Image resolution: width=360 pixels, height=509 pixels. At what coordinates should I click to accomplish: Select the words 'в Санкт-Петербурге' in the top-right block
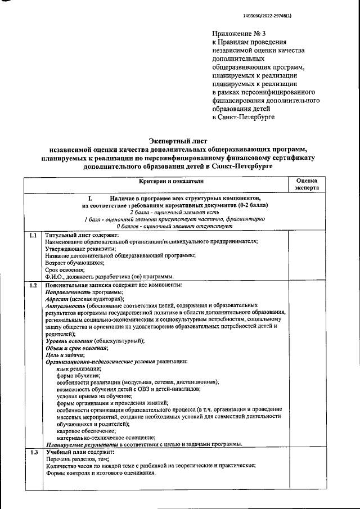(x=244, y=116)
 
